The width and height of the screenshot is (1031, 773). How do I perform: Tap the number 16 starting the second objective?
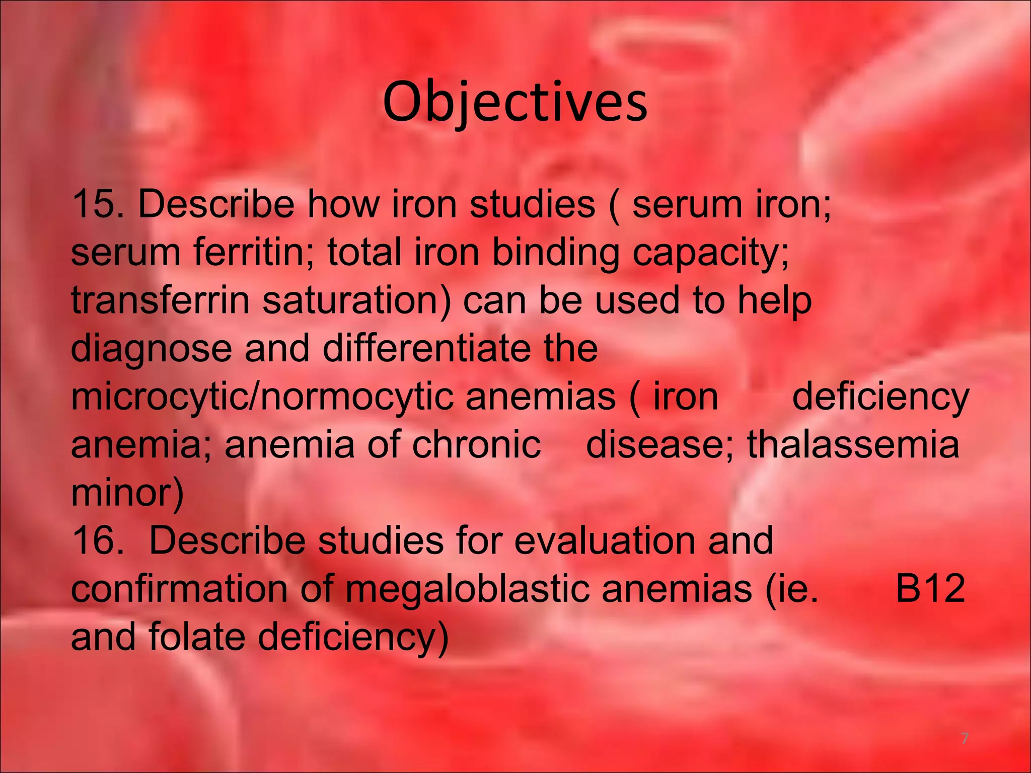(93, 540)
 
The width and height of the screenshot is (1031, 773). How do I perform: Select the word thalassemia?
(853, 445)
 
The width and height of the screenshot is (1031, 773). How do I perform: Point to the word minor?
(127, 493)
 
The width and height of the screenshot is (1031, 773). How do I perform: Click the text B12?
(930, 588)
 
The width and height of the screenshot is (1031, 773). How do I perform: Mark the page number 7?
(965, 739)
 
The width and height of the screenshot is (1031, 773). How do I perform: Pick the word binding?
(555, 253)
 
